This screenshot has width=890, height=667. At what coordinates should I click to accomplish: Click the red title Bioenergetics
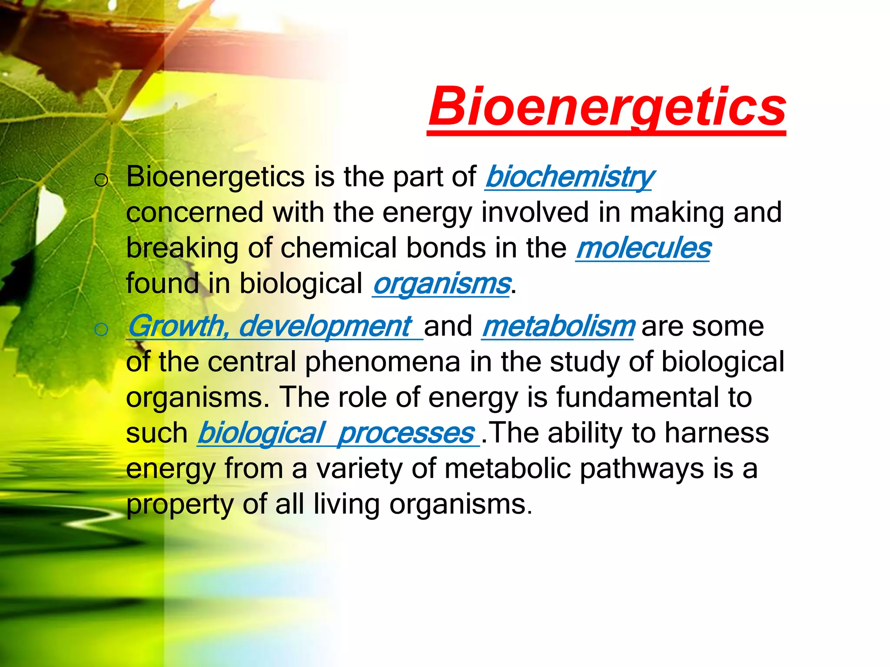(x=607, y=107)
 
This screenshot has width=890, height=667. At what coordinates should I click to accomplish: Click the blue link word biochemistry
(x=569, y=177)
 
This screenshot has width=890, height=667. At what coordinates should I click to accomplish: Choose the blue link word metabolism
(x=558, y=327)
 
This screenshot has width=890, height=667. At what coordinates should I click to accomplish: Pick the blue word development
(x=324, y=327)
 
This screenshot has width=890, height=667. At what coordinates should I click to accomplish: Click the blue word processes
(x=406, y=433)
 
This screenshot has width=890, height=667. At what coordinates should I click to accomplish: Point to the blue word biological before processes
(x=261, y=433)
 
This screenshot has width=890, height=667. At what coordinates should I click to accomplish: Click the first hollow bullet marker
(x=101, y=180)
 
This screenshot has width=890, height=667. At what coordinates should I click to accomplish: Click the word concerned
(x=195, y=213)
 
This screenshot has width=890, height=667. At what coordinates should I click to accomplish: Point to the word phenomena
(x=382, y=362)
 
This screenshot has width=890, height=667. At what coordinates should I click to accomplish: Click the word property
(x=180, y=505)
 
